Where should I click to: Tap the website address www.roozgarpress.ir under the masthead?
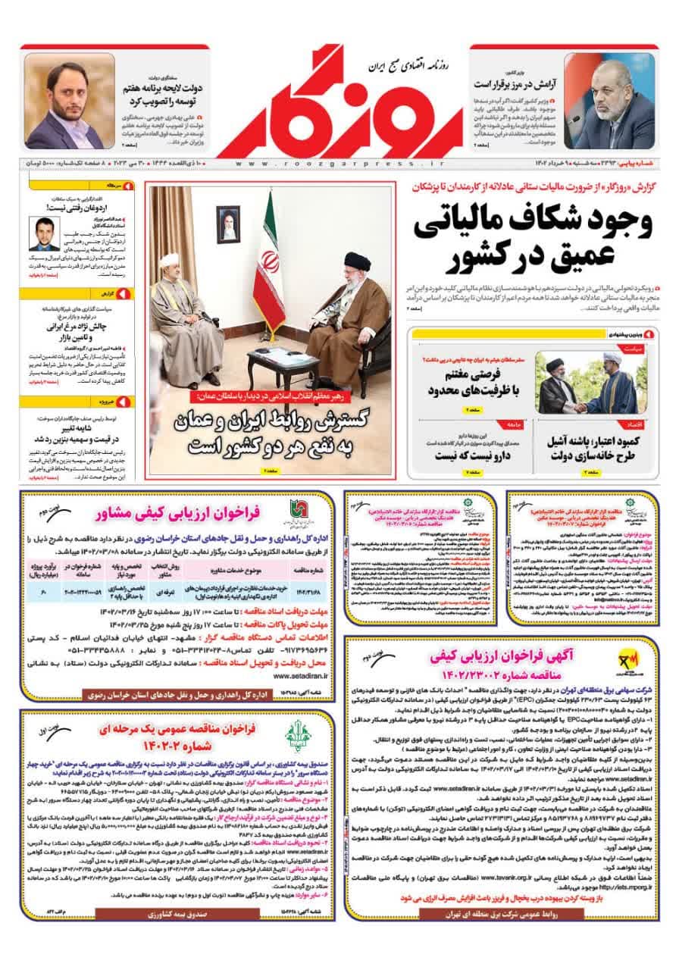339,163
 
